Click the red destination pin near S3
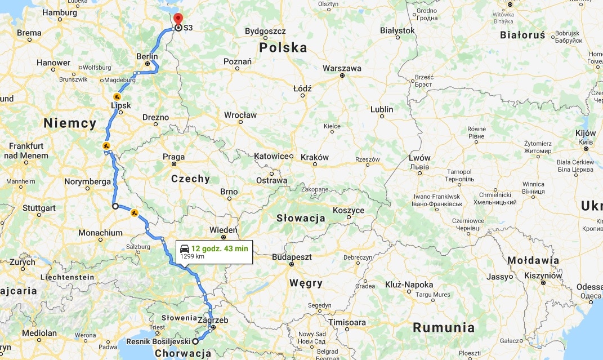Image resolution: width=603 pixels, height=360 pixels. click(x=178, y=19)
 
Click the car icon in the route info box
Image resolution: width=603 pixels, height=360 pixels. click(x=185, y=248)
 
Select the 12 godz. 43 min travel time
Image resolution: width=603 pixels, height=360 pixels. click(x=220, y=248)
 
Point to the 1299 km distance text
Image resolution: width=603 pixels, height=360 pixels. click(x=192, y=257)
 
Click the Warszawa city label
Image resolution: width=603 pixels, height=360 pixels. click(x=342, y=68)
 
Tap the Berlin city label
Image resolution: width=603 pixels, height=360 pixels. click(x=147, y=56)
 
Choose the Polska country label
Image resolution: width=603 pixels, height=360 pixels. click(x=283, y=48)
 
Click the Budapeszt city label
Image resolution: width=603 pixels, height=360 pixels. click(x=292, y=256)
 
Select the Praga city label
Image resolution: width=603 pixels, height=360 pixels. click(x=173, y=157)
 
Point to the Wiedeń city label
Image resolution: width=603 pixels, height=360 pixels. click(x=224, y=230)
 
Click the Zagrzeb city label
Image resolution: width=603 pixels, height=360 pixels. click(x=214, y=320)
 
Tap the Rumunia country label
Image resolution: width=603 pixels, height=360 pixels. click(x=444, y=327)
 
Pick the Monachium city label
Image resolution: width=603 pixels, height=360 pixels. click(x=100, y=233)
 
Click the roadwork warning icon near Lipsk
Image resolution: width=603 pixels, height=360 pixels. click(x=117, y=97)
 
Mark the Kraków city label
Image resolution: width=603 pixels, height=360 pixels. click(x=315, y=157)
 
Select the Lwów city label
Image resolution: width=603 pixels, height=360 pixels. click(x=419, y=158)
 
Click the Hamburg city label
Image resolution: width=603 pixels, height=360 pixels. click(x=60, y=12)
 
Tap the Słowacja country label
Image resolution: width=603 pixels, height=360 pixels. click(x=301, y=219)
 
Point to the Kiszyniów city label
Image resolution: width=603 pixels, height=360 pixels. click(x=543, y=275)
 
